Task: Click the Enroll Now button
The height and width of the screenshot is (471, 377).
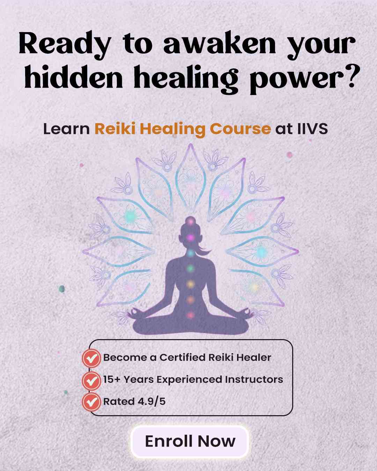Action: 190,441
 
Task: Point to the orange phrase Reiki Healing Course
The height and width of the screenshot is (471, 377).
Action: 182,129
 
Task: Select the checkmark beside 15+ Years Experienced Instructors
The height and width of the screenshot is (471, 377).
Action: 91,380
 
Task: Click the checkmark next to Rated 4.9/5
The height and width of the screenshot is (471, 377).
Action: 91,402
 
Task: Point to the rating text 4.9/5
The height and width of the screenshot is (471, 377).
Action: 150,402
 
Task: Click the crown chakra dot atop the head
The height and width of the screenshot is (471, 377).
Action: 190,220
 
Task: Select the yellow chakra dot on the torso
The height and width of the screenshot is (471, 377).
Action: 190,284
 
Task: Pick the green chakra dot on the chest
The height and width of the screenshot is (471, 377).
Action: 190,268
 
